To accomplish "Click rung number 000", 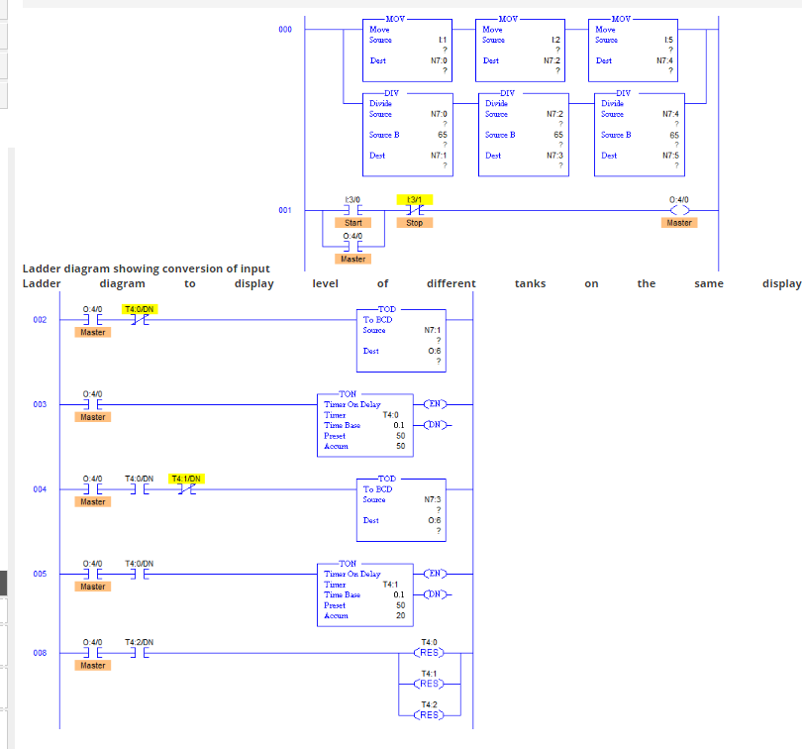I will (x=285, y=30).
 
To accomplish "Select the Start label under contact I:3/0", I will (x=352, y=223).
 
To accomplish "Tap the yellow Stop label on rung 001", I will (x=414, y=223).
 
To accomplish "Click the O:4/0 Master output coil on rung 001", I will (x=679, y=211).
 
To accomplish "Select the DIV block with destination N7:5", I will (x=635, y=131).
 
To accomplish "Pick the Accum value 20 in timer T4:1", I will (x=400, y=615).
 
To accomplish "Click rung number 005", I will (x=39, y=574).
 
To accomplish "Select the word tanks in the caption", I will (x=530, y=283).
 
